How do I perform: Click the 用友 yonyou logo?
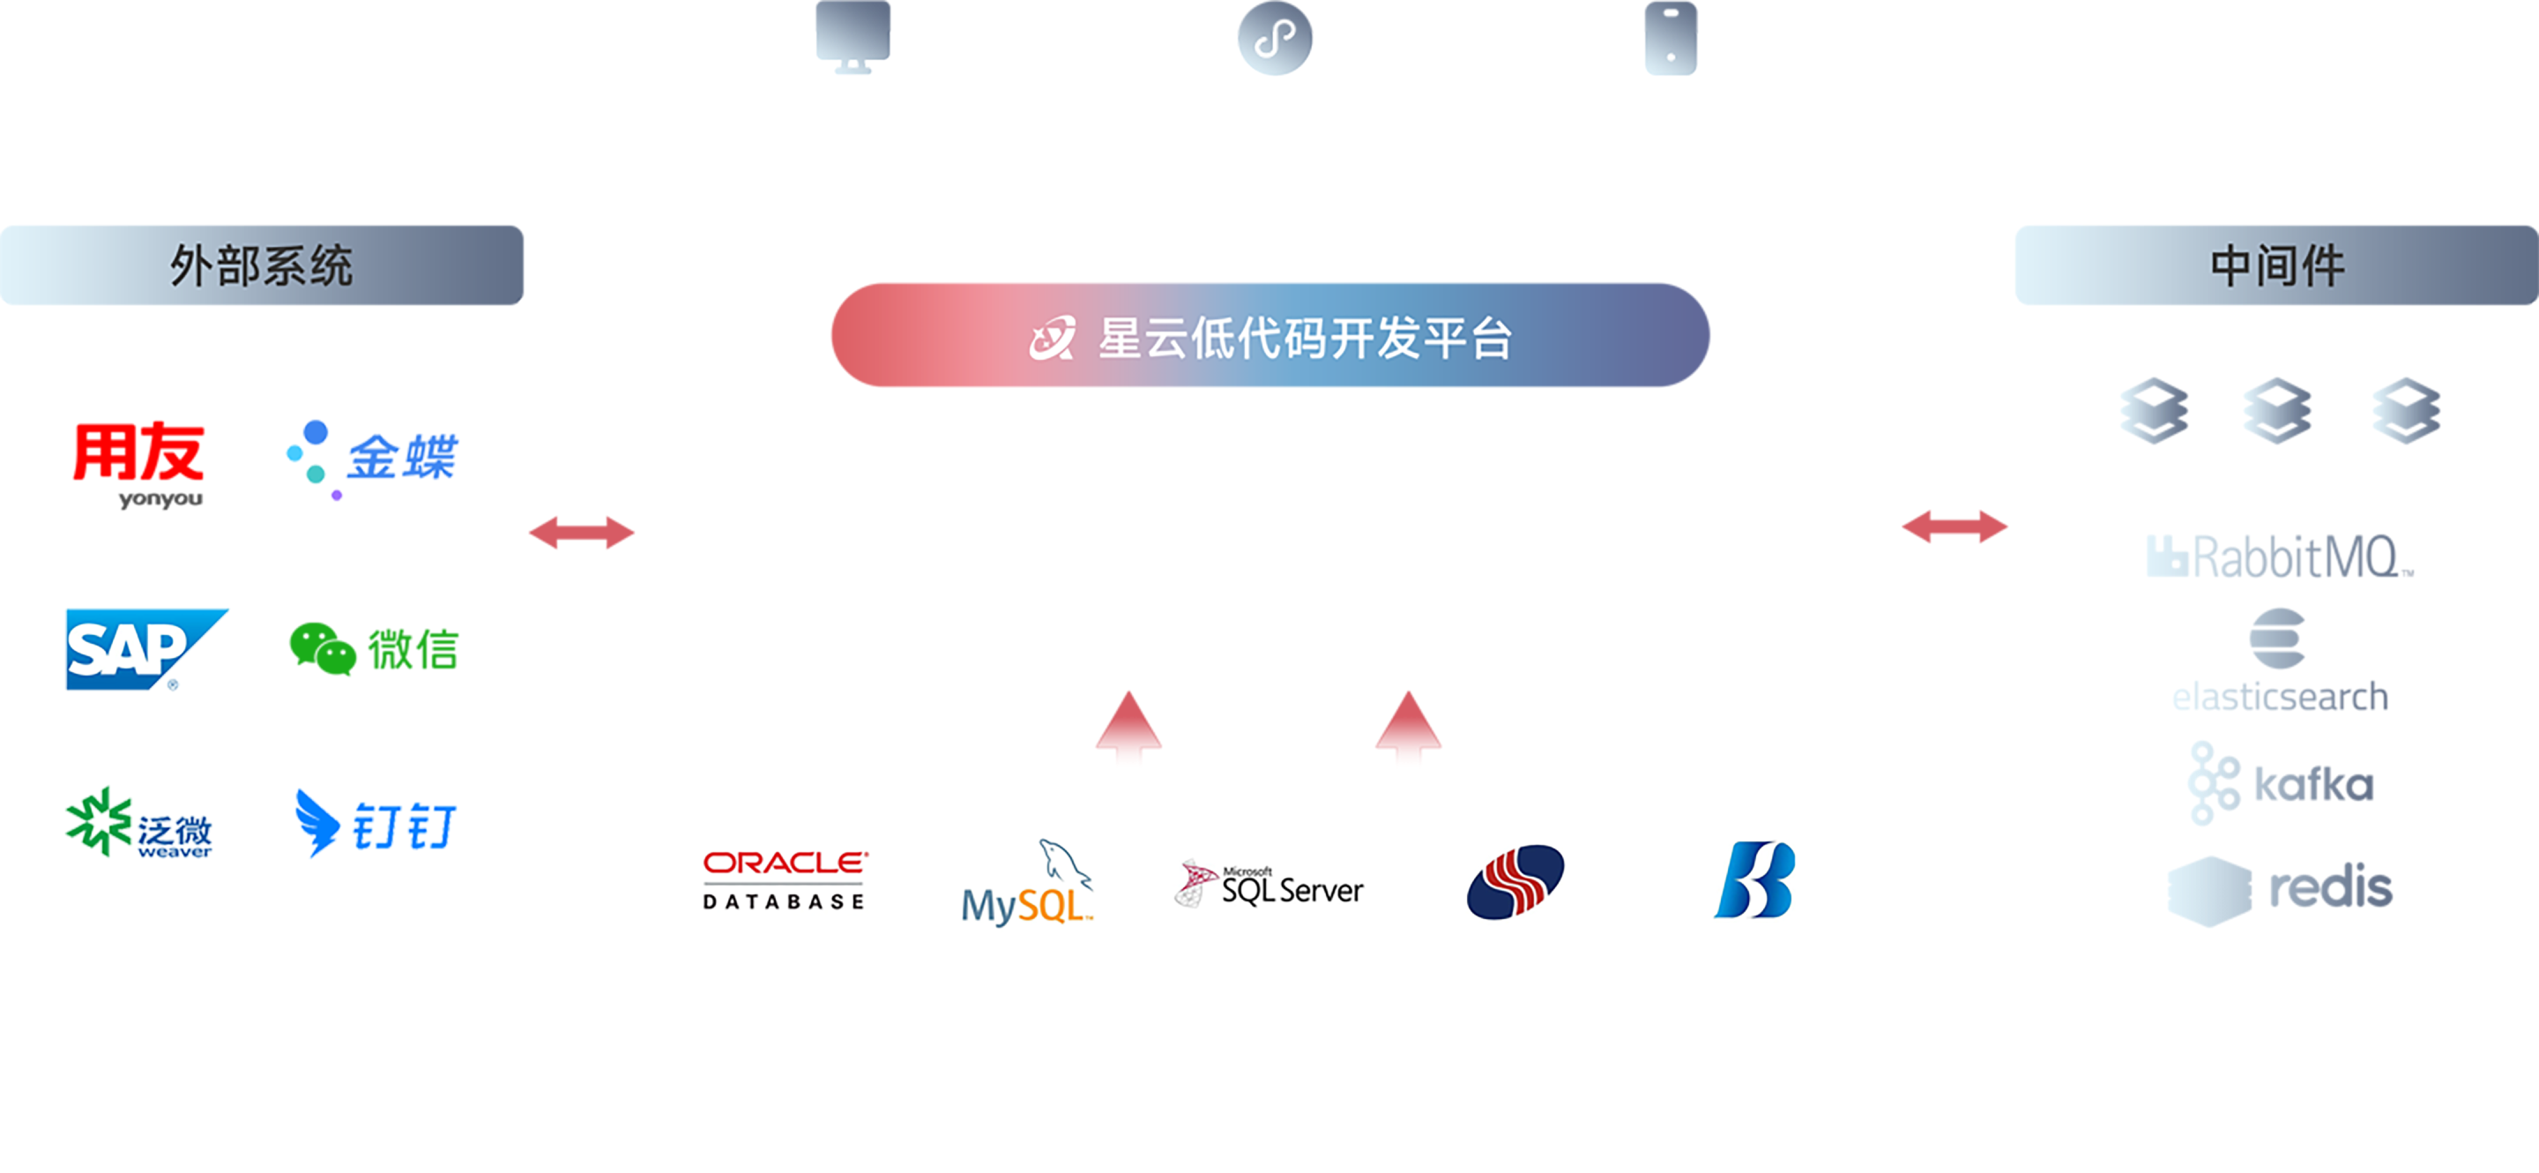pos(138,461)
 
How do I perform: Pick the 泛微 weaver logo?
pos(138,824)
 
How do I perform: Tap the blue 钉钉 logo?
pos(375,824)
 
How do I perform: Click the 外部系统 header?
pos(262,265)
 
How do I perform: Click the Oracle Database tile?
pos(785,878)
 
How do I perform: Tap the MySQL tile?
pos(1027,878)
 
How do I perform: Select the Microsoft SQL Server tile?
pos(1269,878)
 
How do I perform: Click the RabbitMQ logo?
pos(2279,556)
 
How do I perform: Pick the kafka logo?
pos(2279,784)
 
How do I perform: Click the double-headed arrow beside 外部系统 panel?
pos(583,533)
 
